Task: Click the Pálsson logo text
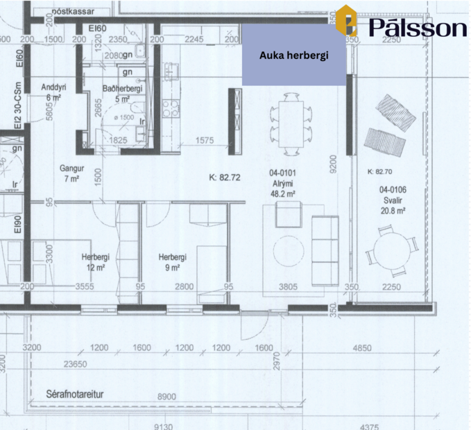click(x=418, y=27)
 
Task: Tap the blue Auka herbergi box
click(x=293, y=55)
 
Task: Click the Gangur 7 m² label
click(x=71, y=173)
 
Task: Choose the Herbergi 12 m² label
click(x=96, y=261)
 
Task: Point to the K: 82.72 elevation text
click(x=224, y=178)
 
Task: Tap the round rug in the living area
click(x=290, y=251)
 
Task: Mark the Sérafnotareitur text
click(x=74, y=394)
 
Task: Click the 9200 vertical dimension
click(x=334, y=164)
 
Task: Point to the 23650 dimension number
click(x=75, y=363)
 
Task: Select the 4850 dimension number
click(x=362, y=347)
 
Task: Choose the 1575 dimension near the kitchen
click(x=204, y=141)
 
